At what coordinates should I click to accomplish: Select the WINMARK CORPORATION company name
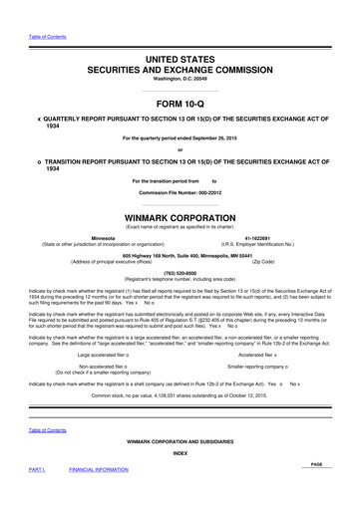pos(180,216)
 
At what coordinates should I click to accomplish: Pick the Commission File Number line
pos(180,191)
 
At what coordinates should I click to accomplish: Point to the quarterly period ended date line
pos(180,136)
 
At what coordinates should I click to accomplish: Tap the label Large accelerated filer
pos(110,354)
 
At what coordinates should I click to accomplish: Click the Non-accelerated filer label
pos(110,366)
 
